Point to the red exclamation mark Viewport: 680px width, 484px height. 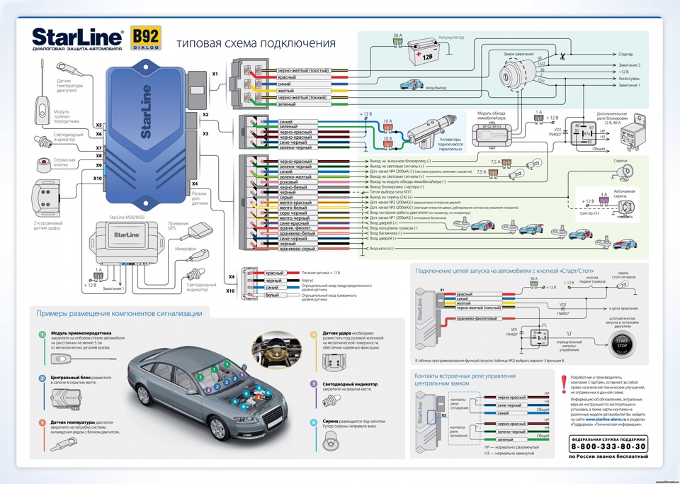[563, 383]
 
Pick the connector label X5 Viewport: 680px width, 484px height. [99, 125]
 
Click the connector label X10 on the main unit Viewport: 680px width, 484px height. [98, 179]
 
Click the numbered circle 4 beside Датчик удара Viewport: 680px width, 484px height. [314, 334]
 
